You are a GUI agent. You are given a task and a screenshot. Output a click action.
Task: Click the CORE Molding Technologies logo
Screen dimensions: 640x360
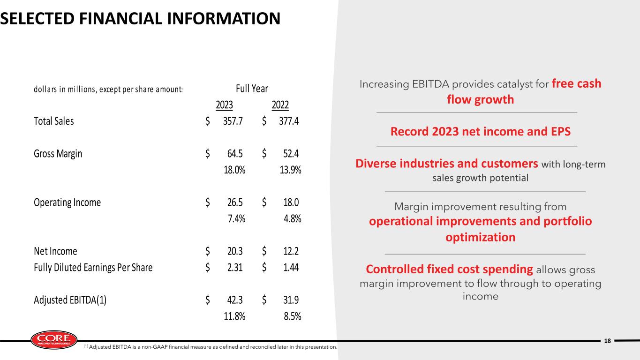pyautogui.click(x=54, y=340)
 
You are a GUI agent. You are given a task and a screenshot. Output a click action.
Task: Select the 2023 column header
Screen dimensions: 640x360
pyautogui.click(x=224, y=105)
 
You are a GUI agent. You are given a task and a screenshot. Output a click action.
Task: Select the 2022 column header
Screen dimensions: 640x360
pyautogui.click(x=280, y=105)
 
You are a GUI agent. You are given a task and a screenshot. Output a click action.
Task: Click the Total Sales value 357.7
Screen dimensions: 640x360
pyautogui.click(x=233, y=121)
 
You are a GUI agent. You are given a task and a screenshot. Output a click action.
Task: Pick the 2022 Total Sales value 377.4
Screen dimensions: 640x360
pyautogui.click(x=289, y=121)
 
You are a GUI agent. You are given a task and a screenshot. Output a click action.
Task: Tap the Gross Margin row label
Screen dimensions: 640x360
pyautogui.click(x=58, y=154)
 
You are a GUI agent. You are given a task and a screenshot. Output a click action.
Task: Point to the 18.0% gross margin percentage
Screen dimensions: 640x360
pyautogui.click(x=234, y=170)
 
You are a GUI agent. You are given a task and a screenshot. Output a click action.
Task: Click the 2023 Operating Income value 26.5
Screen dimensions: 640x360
pyautogui.click(x=235, y=202)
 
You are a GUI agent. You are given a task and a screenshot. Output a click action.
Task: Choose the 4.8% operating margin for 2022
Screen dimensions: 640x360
pyautogui.click(x=293, y=218)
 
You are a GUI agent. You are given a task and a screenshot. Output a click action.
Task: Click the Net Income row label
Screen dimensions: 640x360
pyautogui.click(x=55, y=251)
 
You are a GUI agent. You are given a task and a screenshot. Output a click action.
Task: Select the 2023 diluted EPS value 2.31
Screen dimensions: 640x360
pyautogui.click(x=235, y=268)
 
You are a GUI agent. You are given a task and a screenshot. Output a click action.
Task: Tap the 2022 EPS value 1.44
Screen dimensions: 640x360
pyautogui.click(x=291, y=268)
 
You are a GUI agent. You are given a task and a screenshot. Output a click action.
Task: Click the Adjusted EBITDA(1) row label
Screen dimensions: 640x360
pyautogui.click(x=70, y=300)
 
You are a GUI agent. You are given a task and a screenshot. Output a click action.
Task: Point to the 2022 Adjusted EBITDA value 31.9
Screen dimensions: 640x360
pyautogui.click(x=291, y=300)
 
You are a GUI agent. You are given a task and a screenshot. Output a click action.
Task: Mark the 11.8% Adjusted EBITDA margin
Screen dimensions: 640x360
pyautogui.click(x=234, y=316)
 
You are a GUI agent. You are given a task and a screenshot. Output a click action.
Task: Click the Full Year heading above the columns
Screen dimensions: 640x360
pyautogui.click(x=252, y=89)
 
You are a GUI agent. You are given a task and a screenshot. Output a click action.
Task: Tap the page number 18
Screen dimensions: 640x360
pyautogui.click(x=608, y=341)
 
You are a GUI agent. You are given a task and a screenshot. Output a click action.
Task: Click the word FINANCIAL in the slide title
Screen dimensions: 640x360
pyautogui.click(x=121, y=19)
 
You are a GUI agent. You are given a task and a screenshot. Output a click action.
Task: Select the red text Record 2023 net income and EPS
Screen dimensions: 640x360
pyautogui.click(x=481, y=131)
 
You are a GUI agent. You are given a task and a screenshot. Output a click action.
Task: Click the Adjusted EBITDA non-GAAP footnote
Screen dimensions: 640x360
pyautogui.click(x=210, y=347)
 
